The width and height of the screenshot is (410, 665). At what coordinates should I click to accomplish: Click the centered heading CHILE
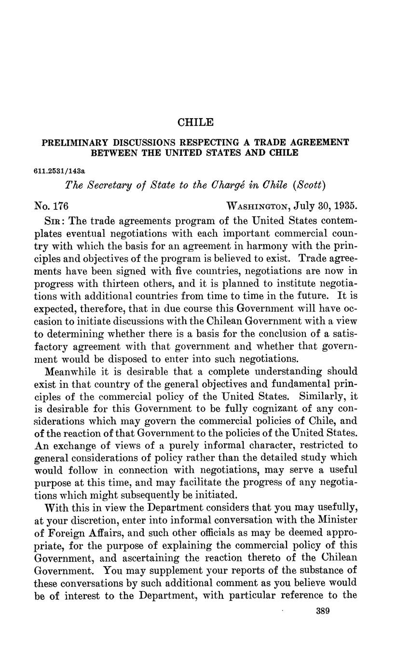click(x=195, y=122)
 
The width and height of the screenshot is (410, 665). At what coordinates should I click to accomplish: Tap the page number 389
click(x=322, y=611)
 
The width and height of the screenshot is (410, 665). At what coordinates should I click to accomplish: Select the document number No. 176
click(x=52, y=206)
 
